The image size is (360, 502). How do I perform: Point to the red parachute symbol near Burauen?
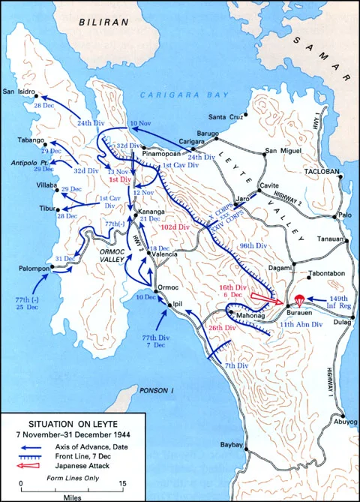point(301,299)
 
